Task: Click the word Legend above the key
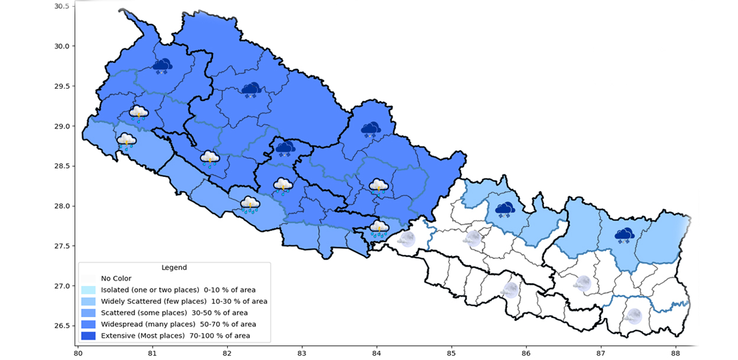[x=174, y=268]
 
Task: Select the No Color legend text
[x=116, y=278]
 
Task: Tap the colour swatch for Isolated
[x=88, y=290]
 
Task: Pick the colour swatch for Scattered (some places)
[x=88, y=313]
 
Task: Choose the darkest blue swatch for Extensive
[x=88, y=336]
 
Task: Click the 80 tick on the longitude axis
[x=77, y=354]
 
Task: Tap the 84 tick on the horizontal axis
[x=376, y=354]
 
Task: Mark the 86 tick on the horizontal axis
[x=526, y=354]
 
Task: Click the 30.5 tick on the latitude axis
[x=61, y=7]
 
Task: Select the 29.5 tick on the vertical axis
[x=61, y=86]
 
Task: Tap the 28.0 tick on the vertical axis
[x=61, y=206]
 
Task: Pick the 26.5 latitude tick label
[x=61, y=326]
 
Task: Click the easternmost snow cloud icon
[x=624, y=236]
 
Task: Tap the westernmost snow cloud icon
[x=162, y=66]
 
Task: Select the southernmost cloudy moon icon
[x=634, y=316]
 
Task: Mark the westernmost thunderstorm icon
[x=126, y=141]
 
